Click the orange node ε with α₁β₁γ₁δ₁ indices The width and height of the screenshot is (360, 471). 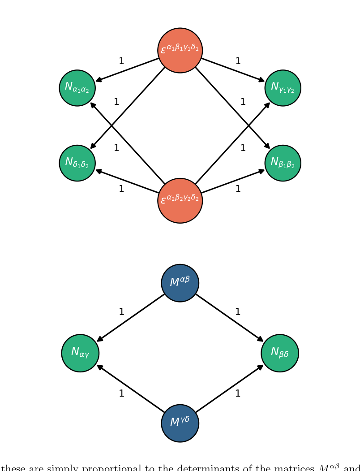coord(180,50)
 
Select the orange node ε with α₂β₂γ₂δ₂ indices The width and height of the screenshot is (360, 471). coord(180,200)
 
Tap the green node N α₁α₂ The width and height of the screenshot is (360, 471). coord(77,88)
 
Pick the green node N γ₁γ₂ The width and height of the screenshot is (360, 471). coord(283,88)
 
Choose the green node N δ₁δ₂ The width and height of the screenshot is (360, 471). coord(77,163)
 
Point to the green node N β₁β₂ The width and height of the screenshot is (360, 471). coord(283,163)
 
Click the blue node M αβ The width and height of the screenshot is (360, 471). coord(180,283)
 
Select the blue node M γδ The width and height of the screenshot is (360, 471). coord(180,423)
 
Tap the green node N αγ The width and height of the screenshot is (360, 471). coord(80,353)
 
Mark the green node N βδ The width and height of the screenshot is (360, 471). coord(280,353)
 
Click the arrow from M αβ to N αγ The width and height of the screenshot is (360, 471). coord(131,318)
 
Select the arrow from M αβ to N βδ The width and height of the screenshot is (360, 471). coord(229,318)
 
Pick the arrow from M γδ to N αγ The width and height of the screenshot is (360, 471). coord(131,389)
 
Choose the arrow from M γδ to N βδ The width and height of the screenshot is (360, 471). coord(229,389)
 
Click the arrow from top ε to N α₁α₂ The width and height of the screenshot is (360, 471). coord(128,69)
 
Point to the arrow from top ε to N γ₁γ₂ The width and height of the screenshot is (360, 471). coord(233,69)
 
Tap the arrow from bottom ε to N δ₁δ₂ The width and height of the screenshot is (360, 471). coord(128,181)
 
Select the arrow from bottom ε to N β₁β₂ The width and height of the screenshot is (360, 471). coord(233,181)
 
